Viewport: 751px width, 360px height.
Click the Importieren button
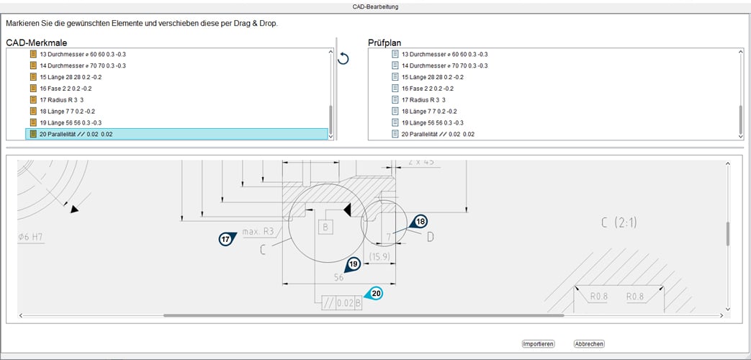click(538, 344)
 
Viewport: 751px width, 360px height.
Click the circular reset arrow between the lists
click(343, 58)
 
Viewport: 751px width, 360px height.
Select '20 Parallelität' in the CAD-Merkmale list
click(76, 134)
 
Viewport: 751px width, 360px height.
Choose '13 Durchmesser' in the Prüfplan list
click(444, 54)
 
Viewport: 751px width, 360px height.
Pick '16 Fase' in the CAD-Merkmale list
click(66, 89)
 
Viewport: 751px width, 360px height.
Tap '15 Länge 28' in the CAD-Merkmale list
click(70, 77)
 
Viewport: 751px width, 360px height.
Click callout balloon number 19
click(353, 264)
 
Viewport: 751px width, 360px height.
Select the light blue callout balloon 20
click(376, 293)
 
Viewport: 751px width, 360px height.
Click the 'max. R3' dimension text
click(258, 232)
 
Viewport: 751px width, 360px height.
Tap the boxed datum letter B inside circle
click(325, 228)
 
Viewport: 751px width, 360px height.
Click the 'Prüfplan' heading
click(390, 42)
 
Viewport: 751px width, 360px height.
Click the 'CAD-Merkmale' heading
click(37, 42)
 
